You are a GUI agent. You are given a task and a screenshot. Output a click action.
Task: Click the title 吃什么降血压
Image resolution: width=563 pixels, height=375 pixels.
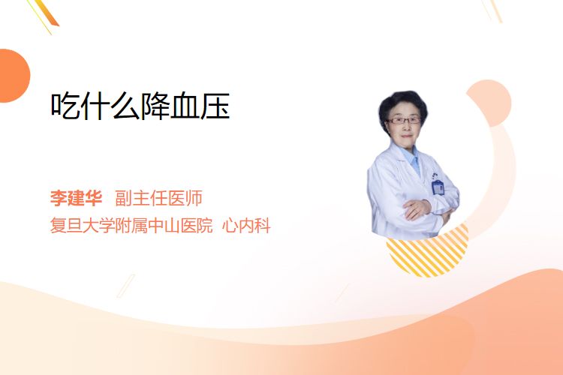140,106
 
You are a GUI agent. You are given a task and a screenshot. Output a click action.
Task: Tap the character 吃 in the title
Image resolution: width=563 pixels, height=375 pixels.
65,106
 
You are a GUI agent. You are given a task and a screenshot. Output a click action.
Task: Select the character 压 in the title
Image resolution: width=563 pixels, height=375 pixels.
215,106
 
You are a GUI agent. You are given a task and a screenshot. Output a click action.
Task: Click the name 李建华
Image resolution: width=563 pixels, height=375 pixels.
76,198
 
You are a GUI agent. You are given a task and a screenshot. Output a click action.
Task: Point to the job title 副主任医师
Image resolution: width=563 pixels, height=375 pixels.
158,198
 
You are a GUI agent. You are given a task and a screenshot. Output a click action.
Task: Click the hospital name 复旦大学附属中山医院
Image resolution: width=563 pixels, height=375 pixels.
131,225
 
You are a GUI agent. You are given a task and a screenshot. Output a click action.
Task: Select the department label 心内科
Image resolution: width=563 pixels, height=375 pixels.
246,225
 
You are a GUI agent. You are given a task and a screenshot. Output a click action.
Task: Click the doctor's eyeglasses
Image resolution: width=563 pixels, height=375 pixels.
403,121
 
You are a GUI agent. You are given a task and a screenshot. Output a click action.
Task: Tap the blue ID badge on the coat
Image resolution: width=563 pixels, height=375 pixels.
438,187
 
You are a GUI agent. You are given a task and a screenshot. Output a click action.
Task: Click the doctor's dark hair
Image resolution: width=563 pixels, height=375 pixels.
402,101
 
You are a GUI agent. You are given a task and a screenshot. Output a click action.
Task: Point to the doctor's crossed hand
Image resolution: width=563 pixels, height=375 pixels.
417,208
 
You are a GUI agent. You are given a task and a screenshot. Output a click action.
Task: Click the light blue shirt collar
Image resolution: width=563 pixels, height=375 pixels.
412,157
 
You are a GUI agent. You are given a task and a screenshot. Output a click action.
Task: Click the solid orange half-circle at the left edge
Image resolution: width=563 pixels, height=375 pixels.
14,76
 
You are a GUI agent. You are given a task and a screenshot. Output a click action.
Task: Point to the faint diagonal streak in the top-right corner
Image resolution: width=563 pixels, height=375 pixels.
492,10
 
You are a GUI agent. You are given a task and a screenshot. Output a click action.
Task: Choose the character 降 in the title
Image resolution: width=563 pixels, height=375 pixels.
155,106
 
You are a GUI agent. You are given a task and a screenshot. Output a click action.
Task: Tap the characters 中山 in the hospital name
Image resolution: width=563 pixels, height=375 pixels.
164,225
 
